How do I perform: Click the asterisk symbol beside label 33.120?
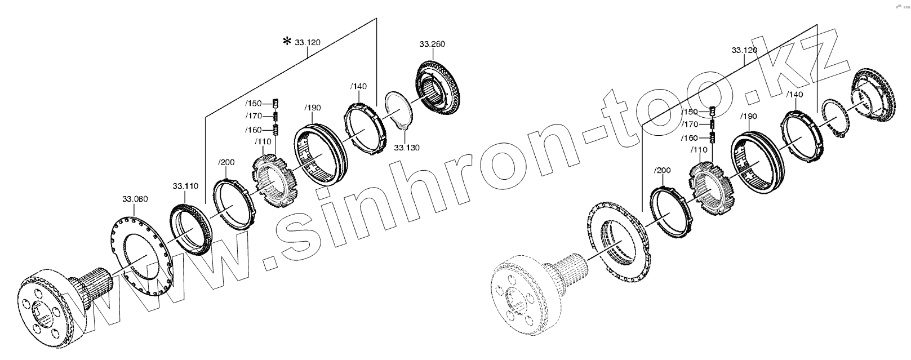pos(287,41)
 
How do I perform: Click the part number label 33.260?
pos(432,44)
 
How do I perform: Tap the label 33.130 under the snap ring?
pos(407,147)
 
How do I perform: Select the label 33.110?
pos(185,186)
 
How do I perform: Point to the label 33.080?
pos(135,199)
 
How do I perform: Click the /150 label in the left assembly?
pos(254,103)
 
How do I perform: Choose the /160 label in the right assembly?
pos(690,138)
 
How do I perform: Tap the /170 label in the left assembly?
pos(254,116)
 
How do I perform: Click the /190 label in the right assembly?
pos(748,117)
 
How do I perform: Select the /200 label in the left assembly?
pos(226,162)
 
